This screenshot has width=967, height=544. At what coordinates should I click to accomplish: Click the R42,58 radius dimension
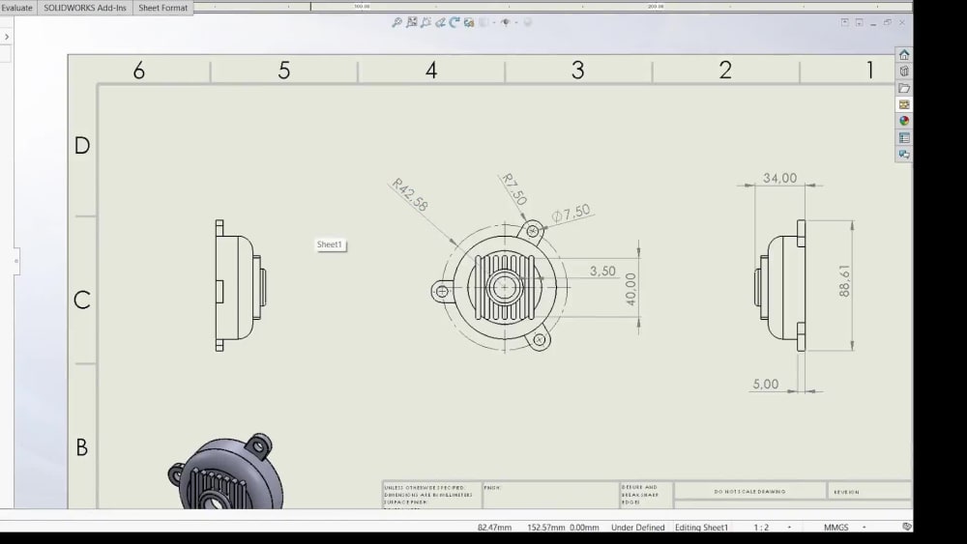410,196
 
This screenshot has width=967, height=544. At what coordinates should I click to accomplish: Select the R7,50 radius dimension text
513,189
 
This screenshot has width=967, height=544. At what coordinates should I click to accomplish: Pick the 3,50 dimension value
602,272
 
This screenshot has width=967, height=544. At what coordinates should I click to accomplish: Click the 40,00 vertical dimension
631,289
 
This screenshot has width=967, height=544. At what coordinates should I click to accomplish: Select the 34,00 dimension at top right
779,178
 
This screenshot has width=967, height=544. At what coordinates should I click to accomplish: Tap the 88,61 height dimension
844,281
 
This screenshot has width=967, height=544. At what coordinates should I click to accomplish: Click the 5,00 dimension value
765,385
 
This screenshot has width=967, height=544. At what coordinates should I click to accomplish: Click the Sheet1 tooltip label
330,245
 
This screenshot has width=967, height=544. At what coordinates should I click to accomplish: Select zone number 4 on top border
431,71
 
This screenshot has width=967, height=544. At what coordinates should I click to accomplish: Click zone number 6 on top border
139,71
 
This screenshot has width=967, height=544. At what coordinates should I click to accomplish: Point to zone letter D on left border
82,146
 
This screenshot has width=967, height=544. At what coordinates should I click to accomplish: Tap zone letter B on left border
82,447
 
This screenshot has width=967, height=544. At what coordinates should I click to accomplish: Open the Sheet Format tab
163,7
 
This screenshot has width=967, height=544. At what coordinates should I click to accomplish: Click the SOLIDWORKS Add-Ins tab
84,7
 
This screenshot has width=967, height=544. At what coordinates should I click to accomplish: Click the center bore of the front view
504,286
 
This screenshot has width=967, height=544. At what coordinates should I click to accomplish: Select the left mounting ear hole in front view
442,290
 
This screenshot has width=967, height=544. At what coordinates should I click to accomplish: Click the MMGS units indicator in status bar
836,528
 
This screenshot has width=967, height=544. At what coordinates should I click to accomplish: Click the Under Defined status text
638,528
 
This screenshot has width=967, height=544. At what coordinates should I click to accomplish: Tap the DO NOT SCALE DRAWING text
749,492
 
